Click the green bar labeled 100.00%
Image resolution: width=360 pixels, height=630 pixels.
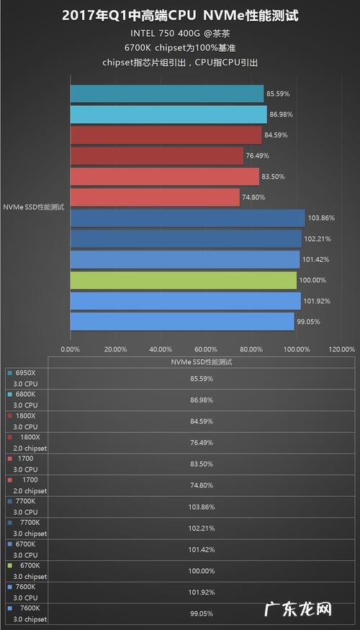pyautogui.click(x=183, y=280)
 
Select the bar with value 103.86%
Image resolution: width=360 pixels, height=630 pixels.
pyautogui.click(x=187, y=218)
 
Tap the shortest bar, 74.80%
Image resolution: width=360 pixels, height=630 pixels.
pyautogui.click(x=155, y=197)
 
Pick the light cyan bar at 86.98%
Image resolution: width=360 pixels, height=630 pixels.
pyautogui.click(x=168, y=114)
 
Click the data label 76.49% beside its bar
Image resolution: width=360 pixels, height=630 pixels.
pyautogui.click(x=259, y=156)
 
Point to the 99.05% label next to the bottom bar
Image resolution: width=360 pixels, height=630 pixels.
pyautogui.click(x=310, y=322)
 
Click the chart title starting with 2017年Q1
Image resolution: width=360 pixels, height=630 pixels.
pyautogui.click(x=180, y=15)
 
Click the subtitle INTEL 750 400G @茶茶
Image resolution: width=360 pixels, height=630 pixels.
pyautogui.click(x=180, y=34)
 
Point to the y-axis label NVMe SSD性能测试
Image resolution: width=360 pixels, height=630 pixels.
pyautogui.click(x=34, y=207)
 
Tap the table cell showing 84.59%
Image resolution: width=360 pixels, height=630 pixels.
pyautogui.click(x=201, y=421)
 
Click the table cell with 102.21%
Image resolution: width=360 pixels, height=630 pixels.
pyautogui.click(x=201, y=528)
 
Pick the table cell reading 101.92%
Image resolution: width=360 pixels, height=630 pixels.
pyautogui.click(x=201, y=592)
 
